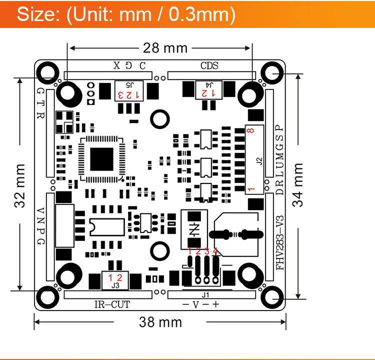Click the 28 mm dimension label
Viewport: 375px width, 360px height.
pos(165,48)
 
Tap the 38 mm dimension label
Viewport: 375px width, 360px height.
pos(160,322)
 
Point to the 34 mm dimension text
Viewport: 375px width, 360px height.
pos(298,184)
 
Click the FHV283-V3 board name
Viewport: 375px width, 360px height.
pos(280,242)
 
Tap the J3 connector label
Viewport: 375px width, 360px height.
pos(115,285)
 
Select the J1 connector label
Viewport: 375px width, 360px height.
pos(205,295)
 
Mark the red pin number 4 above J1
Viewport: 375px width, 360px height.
pos(215,251)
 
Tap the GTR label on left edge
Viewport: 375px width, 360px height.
pos(41,103)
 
